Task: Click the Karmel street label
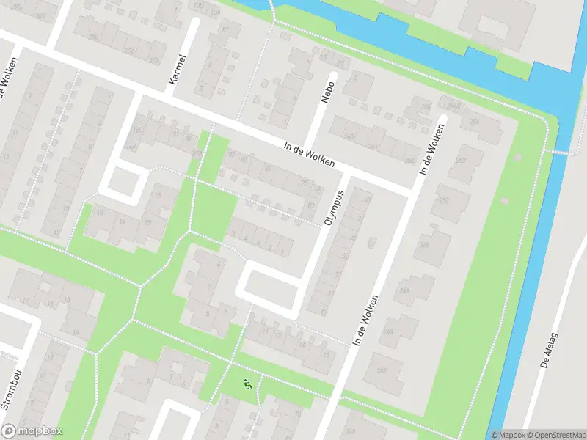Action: (x=177, y=69)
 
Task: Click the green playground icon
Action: (x=248, y=383)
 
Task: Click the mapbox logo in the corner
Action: (x=32, y=431)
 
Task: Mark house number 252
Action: (x=462, y=161)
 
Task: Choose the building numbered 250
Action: (x=445, y=199)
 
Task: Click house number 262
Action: (x=426, y=107)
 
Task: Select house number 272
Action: (x=154, y=60)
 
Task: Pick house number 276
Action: (x=131, y=51)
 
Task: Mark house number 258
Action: (x=409, y=161)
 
